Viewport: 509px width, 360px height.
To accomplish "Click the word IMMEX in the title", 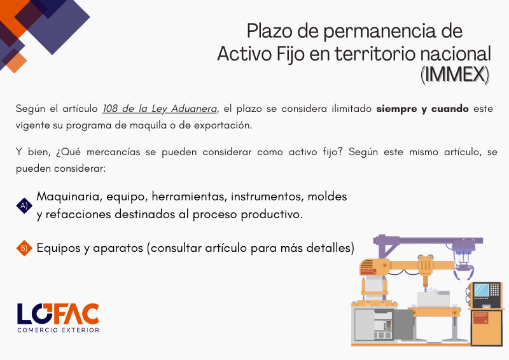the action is coord(455,74).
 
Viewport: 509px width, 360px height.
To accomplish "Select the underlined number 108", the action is coord(110,108).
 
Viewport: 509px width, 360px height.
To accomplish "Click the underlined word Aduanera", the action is coord(194,108).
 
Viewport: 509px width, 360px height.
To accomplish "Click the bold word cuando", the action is coord(450,108).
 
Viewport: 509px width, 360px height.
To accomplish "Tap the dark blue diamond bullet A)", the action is coord(24,206).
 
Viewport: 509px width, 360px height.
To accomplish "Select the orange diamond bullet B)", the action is coord(24,248).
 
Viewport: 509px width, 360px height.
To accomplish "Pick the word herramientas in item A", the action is coord(188,197).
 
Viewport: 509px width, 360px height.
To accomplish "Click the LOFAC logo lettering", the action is coord(58,314).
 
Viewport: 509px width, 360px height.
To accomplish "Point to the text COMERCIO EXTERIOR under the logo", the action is coord(59,330).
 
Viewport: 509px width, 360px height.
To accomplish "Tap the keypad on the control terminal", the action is coord(494,289).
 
